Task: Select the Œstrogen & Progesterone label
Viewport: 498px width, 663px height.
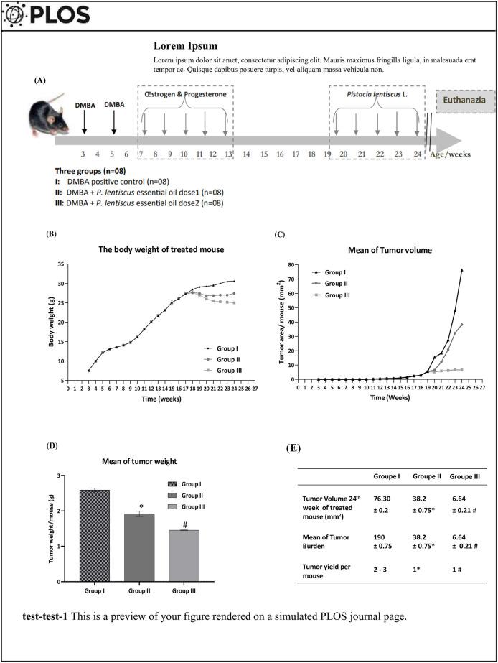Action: tap(185, 94)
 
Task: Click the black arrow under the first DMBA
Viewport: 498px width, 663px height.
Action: tap(85, 121)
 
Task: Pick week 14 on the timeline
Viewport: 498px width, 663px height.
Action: tap(246, 154)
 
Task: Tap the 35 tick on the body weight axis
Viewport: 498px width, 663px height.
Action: tap(60, 264)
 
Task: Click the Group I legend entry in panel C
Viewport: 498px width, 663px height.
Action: tap(332, 273)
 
